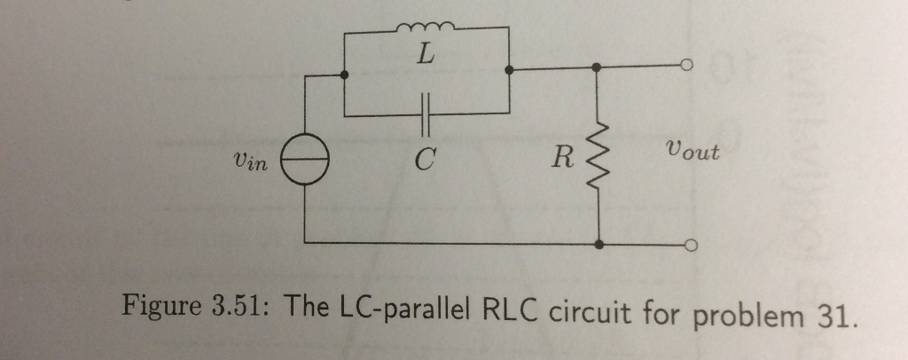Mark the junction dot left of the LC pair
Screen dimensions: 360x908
point(344,74)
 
